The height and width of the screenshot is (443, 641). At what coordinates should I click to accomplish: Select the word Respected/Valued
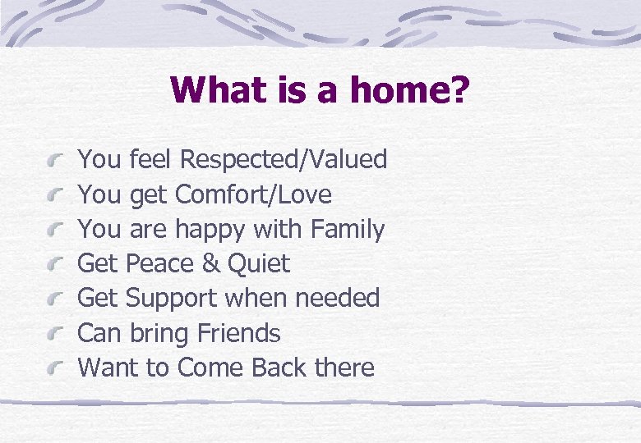click(x=284, y=159)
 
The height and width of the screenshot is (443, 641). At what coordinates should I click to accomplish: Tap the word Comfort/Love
click(x=254, y=194)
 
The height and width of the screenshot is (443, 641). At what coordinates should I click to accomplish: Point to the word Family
click(x=348, y=229)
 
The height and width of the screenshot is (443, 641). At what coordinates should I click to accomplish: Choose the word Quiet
click(x=259, y=264)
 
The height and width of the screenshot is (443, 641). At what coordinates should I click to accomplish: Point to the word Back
click(x=279, y=368)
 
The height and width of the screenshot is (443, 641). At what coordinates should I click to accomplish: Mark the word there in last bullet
click(x=344, y=368)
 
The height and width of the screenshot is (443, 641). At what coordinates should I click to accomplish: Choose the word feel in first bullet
click(x=149, y=159)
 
